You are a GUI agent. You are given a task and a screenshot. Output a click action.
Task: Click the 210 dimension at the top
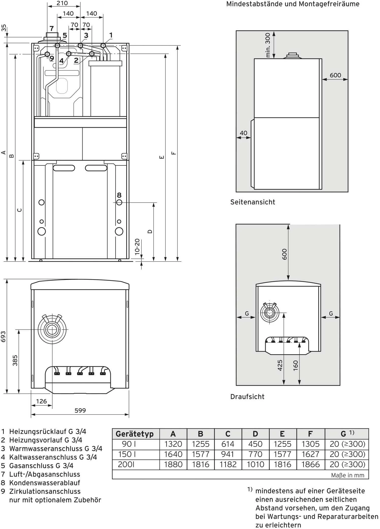point(62,3)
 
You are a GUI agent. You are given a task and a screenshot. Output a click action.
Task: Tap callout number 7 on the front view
point(52,28)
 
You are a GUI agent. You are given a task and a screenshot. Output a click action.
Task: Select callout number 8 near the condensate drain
point(119,195)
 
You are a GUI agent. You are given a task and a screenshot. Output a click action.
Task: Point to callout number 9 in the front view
point(52,58)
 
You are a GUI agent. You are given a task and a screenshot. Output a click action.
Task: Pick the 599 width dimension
point(80,410)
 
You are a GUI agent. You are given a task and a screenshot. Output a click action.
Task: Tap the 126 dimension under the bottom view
point(41,401)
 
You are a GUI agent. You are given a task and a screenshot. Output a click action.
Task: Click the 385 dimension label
point(15,361)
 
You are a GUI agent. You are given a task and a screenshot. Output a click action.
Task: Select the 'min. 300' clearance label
point(268,45)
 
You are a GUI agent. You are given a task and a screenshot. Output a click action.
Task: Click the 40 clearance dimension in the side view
point(243,133)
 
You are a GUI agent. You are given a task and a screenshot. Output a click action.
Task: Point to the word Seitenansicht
point(252,202)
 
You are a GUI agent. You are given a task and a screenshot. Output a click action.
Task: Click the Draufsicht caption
point(247,397)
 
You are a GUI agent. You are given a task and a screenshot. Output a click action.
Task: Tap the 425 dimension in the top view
point(280,365)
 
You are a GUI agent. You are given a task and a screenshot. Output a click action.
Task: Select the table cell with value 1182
point(228,464)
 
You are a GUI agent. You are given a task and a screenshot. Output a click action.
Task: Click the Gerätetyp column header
point(135,434)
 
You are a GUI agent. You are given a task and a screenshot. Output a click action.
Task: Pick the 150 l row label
point(129,454)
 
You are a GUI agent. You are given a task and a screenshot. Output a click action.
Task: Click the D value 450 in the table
point(255,444)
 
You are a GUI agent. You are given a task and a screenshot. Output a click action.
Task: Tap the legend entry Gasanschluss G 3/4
point(41,466)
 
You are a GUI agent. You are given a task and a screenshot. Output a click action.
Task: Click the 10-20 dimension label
point(137,247)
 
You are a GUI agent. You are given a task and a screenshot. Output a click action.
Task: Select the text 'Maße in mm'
point(347,475)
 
